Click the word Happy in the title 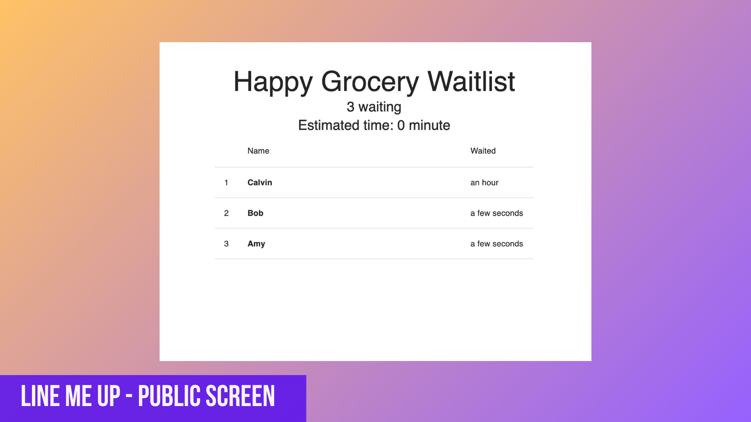click(x=273, y=82)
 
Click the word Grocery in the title click(x=370, y=82)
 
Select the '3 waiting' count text click(x=374, y=107)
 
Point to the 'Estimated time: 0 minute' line click(x=374, y=125)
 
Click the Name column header click(x=258, y=151)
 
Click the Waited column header click(x=483, y=151)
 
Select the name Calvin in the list click(x=260, y=182)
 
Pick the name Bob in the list click(x=255, y=213)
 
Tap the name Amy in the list click(x=256, y=244)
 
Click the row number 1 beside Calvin click(x=226, y=182)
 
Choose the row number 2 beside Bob click(x=226, y=213)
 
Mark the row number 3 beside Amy click(x=226, y=244)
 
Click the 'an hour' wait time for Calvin click(x=484, y=182)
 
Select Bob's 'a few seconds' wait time click(x=497, y=213)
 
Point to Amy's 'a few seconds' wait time click(x=497, y=244)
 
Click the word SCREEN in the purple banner click(x=240, y=396)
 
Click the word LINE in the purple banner click(x=40, y=396)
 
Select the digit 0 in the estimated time click(x=401, y=125)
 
